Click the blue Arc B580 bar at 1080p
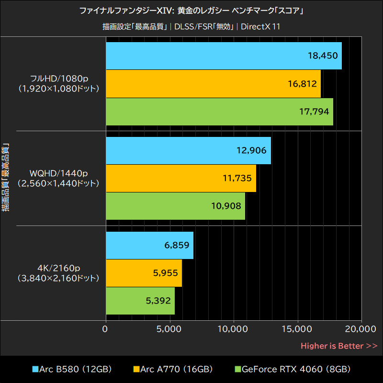tap(224, 56)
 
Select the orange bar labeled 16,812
tap(213, 84)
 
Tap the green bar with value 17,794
tap(219, 112)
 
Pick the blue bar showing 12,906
tap(188, 150)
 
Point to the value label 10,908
tap(226, 206)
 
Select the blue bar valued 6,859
tap(149, 245)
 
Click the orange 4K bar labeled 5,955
tap(144, 273)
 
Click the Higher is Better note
tap(338, 346)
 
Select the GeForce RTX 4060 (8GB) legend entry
tap(293, 369)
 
